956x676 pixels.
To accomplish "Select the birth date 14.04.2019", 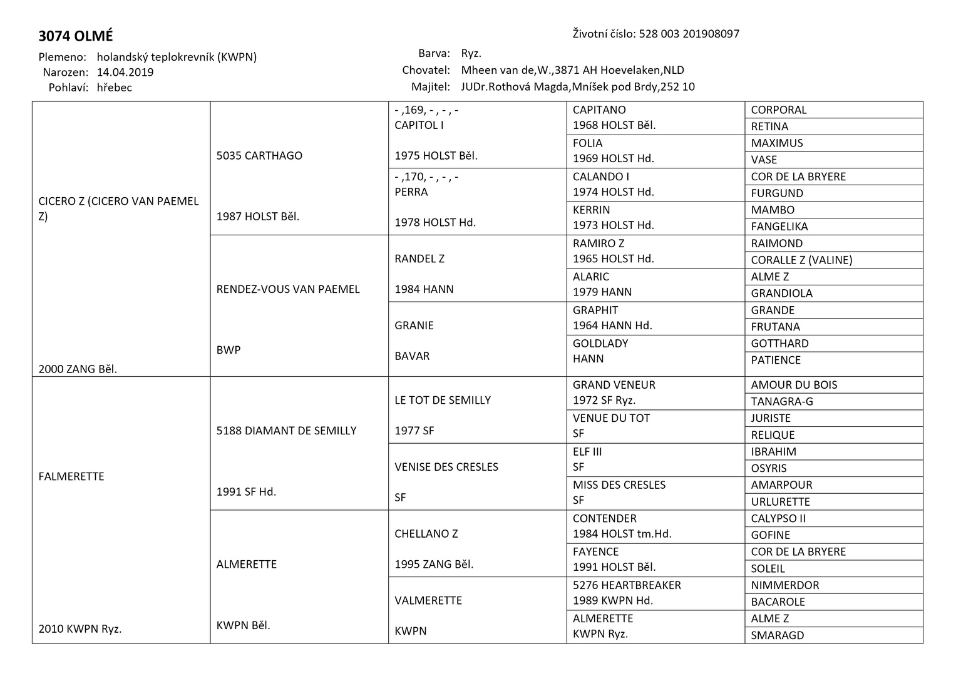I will pos(125,72).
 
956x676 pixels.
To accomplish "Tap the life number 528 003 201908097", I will pos(689,34).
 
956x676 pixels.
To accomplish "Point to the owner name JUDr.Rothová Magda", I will pos(513,87).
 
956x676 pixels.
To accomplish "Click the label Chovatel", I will pos(426,70).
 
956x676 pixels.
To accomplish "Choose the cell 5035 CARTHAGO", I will pos(259,156).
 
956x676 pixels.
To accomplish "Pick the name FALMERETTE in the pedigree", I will pos(71,476).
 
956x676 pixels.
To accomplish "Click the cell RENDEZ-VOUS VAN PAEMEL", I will pos(288,289).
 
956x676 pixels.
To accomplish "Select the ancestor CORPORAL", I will pos(779,110).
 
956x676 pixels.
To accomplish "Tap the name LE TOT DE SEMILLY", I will pos(443,400).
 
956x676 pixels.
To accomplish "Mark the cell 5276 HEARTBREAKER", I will pos(627,585).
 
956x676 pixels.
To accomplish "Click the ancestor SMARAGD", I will pos(778,635).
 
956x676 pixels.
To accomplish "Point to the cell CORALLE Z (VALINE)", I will pos(801,260).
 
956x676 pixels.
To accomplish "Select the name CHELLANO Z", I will pos(426,534).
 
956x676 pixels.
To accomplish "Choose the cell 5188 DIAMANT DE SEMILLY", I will pos(286,431).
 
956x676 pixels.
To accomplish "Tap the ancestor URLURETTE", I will pos(781,502).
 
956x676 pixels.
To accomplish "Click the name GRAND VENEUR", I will pos(614,385).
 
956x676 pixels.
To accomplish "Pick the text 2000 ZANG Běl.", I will pos(78,369).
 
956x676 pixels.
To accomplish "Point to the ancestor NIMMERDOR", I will pos(784,585).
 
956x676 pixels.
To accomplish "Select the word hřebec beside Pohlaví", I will pos(115,88).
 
